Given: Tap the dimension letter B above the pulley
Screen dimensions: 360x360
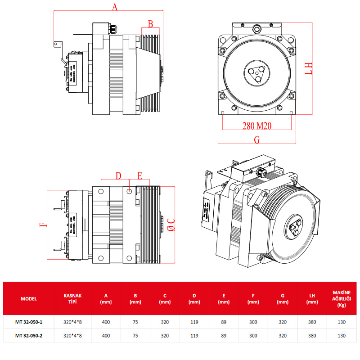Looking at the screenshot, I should [x=151, y=23].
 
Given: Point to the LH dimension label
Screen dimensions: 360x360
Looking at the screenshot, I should [x=308, y=68].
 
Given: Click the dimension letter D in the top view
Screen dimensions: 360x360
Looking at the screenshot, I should [x=118, y=175].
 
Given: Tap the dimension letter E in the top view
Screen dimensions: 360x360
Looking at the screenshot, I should [x=140, y=175].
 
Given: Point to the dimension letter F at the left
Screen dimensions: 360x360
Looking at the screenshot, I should [x=42, y=225].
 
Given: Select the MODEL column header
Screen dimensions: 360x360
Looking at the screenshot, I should [x=29, y=298].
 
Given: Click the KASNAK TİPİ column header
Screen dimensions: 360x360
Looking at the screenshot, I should [x=73, y=298].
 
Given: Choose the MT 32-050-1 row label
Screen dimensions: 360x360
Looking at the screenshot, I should [x=29, y=322].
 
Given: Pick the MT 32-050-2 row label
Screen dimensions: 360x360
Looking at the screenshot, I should [x=29, y=335].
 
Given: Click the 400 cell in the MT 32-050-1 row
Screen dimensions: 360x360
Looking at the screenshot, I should [x=106, y=322].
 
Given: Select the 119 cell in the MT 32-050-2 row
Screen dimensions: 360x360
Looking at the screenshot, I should [x=194, y=335].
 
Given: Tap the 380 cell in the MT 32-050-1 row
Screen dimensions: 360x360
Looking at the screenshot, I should [x=312, y=322].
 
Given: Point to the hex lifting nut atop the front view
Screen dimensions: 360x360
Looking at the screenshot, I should [x=257, y=29].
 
